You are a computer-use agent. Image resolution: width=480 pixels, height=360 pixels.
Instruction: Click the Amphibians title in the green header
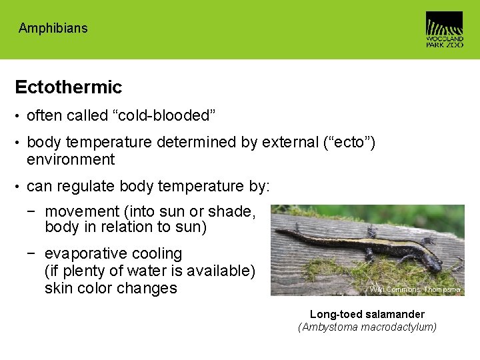point(53,28)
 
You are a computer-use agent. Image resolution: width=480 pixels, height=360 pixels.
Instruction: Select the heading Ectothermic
point(68,87)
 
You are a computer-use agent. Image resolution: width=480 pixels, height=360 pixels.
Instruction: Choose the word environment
point(71,159)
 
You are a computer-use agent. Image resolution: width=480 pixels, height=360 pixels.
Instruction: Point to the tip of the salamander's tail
point(277,230)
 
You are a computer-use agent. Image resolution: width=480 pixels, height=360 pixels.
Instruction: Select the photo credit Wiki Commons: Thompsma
point(415,289)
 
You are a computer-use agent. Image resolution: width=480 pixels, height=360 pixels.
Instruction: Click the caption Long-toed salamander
point(367,314)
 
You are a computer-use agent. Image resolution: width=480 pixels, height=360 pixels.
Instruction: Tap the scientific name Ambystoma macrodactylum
point(367,327)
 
